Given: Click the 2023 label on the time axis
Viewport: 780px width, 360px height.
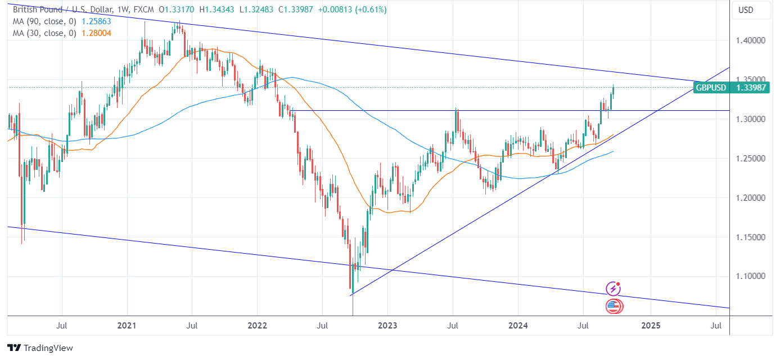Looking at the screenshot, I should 387,325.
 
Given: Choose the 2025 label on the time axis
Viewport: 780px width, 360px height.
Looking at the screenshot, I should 651,325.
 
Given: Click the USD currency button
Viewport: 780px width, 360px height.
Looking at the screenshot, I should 745,10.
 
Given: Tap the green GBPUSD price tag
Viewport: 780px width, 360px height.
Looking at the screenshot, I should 731,87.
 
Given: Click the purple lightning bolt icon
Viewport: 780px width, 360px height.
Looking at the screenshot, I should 614,289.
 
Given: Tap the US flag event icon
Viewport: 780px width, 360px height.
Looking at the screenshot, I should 614,307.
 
